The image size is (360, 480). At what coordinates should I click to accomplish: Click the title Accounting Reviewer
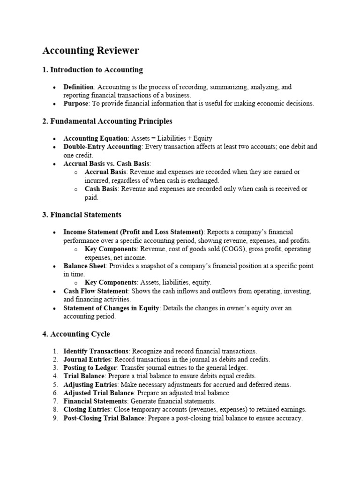[x=90, y=51]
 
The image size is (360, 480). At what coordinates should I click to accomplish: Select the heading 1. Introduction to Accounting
[x=92, y=70]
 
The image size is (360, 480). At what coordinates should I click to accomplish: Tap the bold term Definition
[x=79, y=87]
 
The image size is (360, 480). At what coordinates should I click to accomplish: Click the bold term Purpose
[x=75, y=104]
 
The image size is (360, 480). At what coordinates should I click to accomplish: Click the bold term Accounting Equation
[x=95, y=138]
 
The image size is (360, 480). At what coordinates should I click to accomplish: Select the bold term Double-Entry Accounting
[x=102, y=147]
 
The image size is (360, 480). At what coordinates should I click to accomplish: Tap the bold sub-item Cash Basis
[x=101, y=189]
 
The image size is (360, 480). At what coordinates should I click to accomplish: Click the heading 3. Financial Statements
[x=82, y=215]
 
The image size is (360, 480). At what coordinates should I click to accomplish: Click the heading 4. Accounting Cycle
[x=76, y=334]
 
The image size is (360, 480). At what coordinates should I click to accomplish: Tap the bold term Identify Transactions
[x=96, y=351]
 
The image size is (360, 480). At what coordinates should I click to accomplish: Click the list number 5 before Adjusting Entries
[x=55, y=385]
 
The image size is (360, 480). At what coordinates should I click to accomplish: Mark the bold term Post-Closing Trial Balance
[x=104, y=418]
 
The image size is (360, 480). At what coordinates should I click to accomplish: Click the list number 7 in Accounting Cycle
[x=55, y=401]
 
